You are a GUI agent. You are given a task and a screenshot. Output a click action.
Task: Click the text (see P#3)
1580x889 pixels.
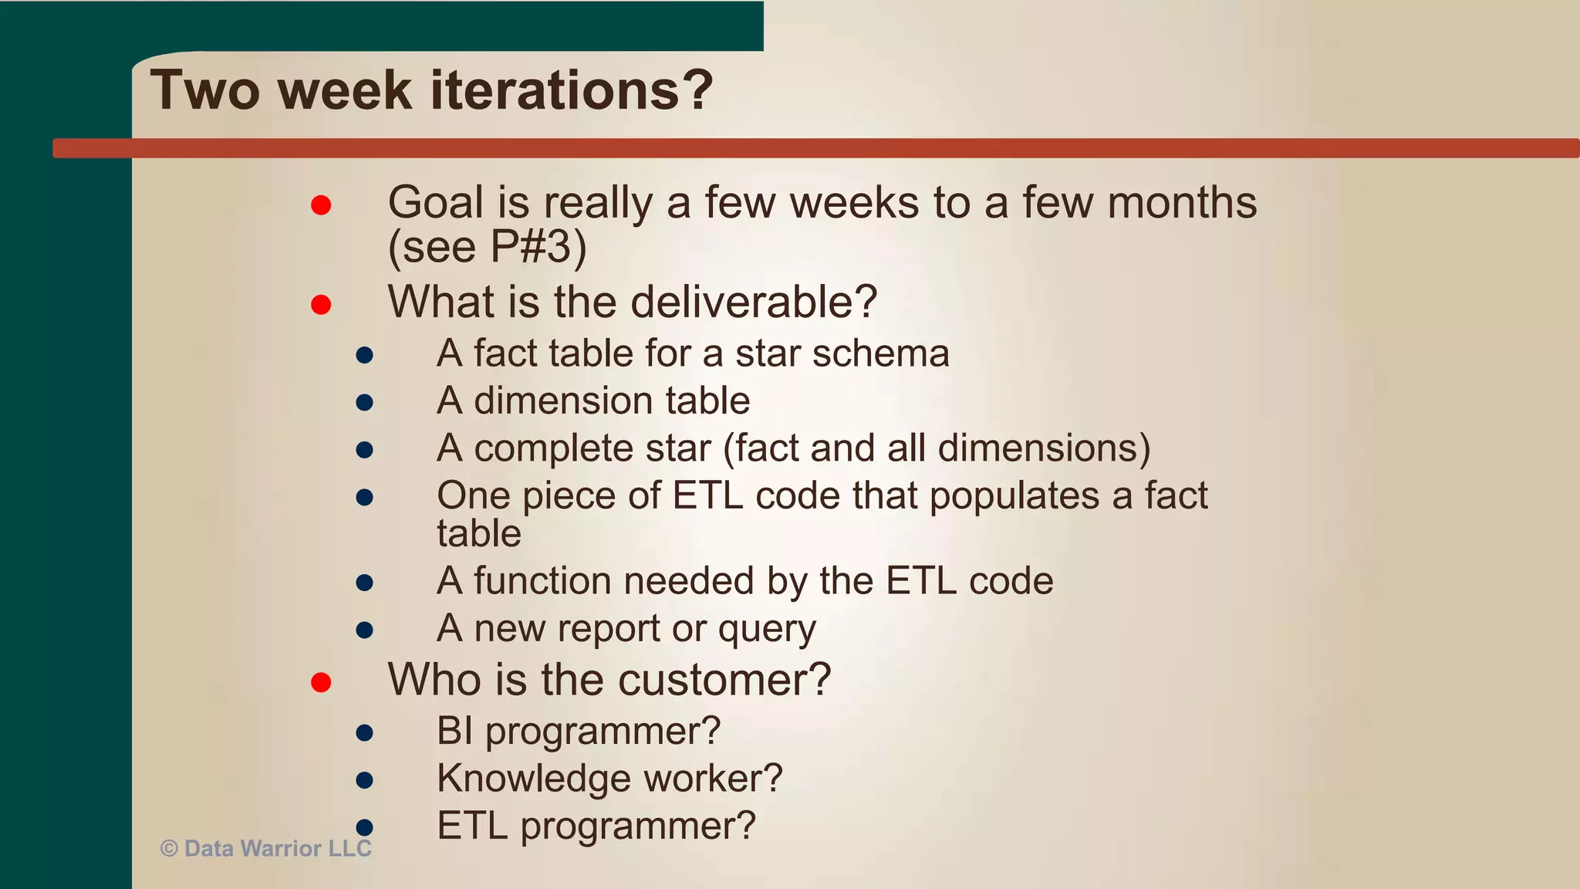(x=487, y=248)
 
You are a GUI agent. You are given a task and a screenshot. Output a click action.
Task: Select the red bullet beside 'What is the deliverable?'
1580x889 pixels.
(x=321, y=305)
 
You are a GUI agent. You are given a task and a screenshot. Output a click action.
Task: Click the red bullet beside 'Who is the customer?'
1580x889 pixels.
(x=321, y=682)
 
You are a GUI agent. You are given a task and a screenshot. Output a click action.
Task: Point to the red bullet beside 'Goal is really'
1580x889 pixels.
(x=321, y=205)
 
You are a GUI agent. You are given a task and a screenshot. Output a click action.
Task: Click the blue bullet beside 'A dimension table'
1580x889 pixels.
(x=365, y=402)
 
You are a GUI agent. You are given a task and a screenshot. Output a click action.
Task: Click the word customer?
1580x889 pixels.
(x=724, y=680)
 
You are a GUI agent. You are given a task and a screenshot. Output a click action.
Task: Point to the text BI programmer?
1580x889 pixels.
(x=578, y=731)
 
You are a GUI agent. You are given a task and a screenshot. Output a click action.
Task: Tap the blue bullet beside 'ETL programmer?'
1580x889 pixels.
(x=365, y=827)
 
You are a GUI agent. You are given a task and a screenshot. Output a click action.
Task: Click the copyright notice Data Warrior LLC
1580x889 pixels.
(x=266, y=849)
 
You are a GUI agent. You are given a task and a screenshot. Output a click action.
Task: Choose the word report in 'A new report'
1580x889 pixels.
(x=609, y=629)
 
